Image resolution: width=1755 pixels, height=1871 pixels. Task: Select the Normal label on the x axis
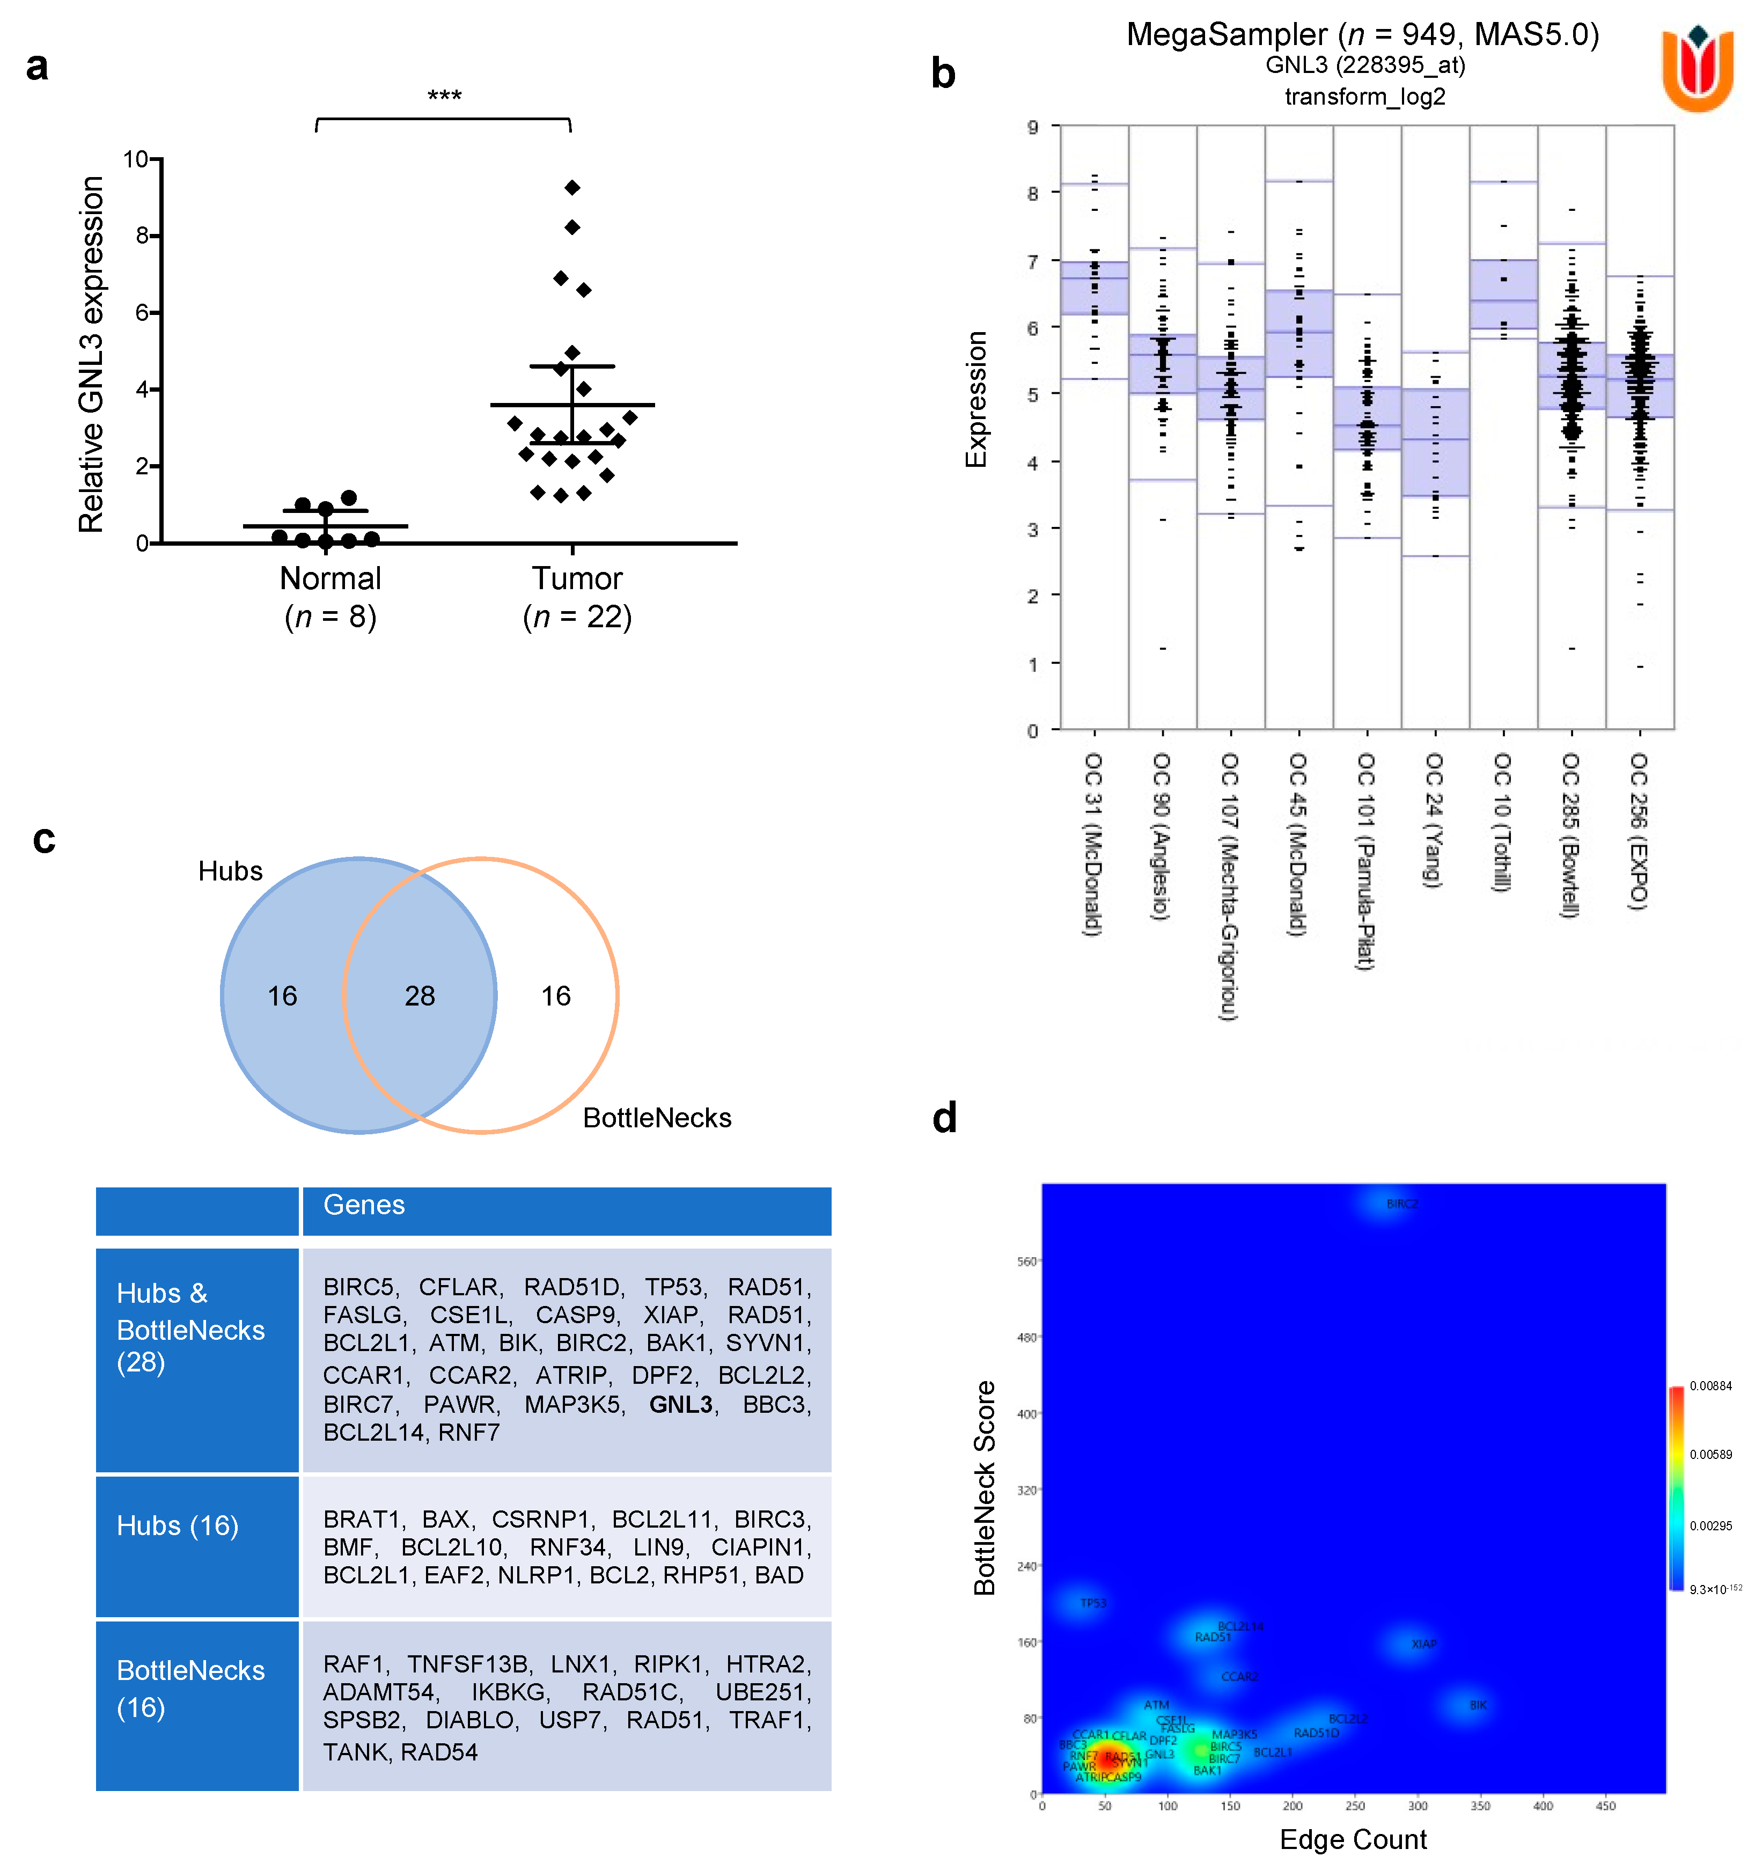(x=331, y=578)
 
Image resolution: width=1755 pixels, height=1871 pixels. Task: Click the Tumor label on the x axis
(x=577, y=578)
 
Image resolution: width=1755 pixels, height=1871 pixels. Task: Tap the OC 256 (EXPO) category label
(x=1639, y=830)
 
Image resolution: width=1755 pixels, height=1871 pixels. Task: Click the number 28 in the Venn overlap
(x=420, y=996)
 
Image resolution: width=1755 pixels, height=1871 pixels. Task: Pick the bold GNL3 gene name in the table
(x=680, y=1404)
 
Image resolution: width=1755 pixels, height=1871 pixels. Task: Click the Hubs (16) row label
(x=177, y=1525)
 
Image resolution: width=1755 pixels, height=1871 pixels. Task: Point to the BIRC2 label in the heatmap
(x=1401, y=1204)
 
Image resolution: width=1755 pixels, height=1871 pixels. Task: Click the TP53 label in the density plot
(x=1092, y=1603)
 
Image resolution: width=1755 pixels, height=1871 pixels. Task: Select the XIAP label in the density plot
(x=1424, y=1644)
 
